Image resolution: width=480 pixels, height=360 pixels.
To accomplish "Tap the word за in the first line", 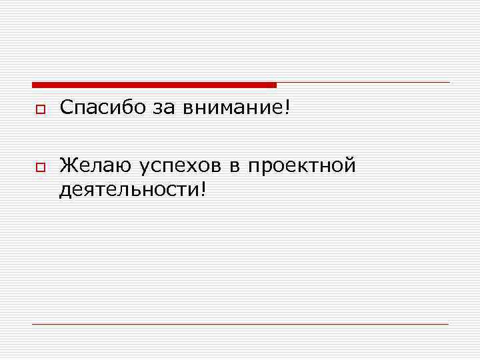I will [x=165, y=108].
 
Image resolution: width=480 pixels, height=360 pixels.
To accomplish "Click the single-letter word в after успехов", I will [x=235, y=166].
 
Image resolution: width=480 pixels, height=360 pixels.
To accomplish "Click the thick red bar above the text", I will [x=154, y=85].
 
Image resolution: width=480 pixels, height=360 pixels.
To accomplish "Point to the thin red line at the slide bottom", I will [x=240, y=324].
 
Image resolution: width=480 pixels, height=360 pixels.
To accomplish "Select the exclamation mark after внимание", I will [x=287, y=107].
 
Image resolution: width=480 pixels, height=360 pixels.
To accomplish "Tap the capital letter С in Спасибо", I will [x=66, y=107].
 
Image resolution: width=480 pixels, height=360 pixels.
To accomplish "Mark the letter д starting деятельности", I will [x=65, y=191].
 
